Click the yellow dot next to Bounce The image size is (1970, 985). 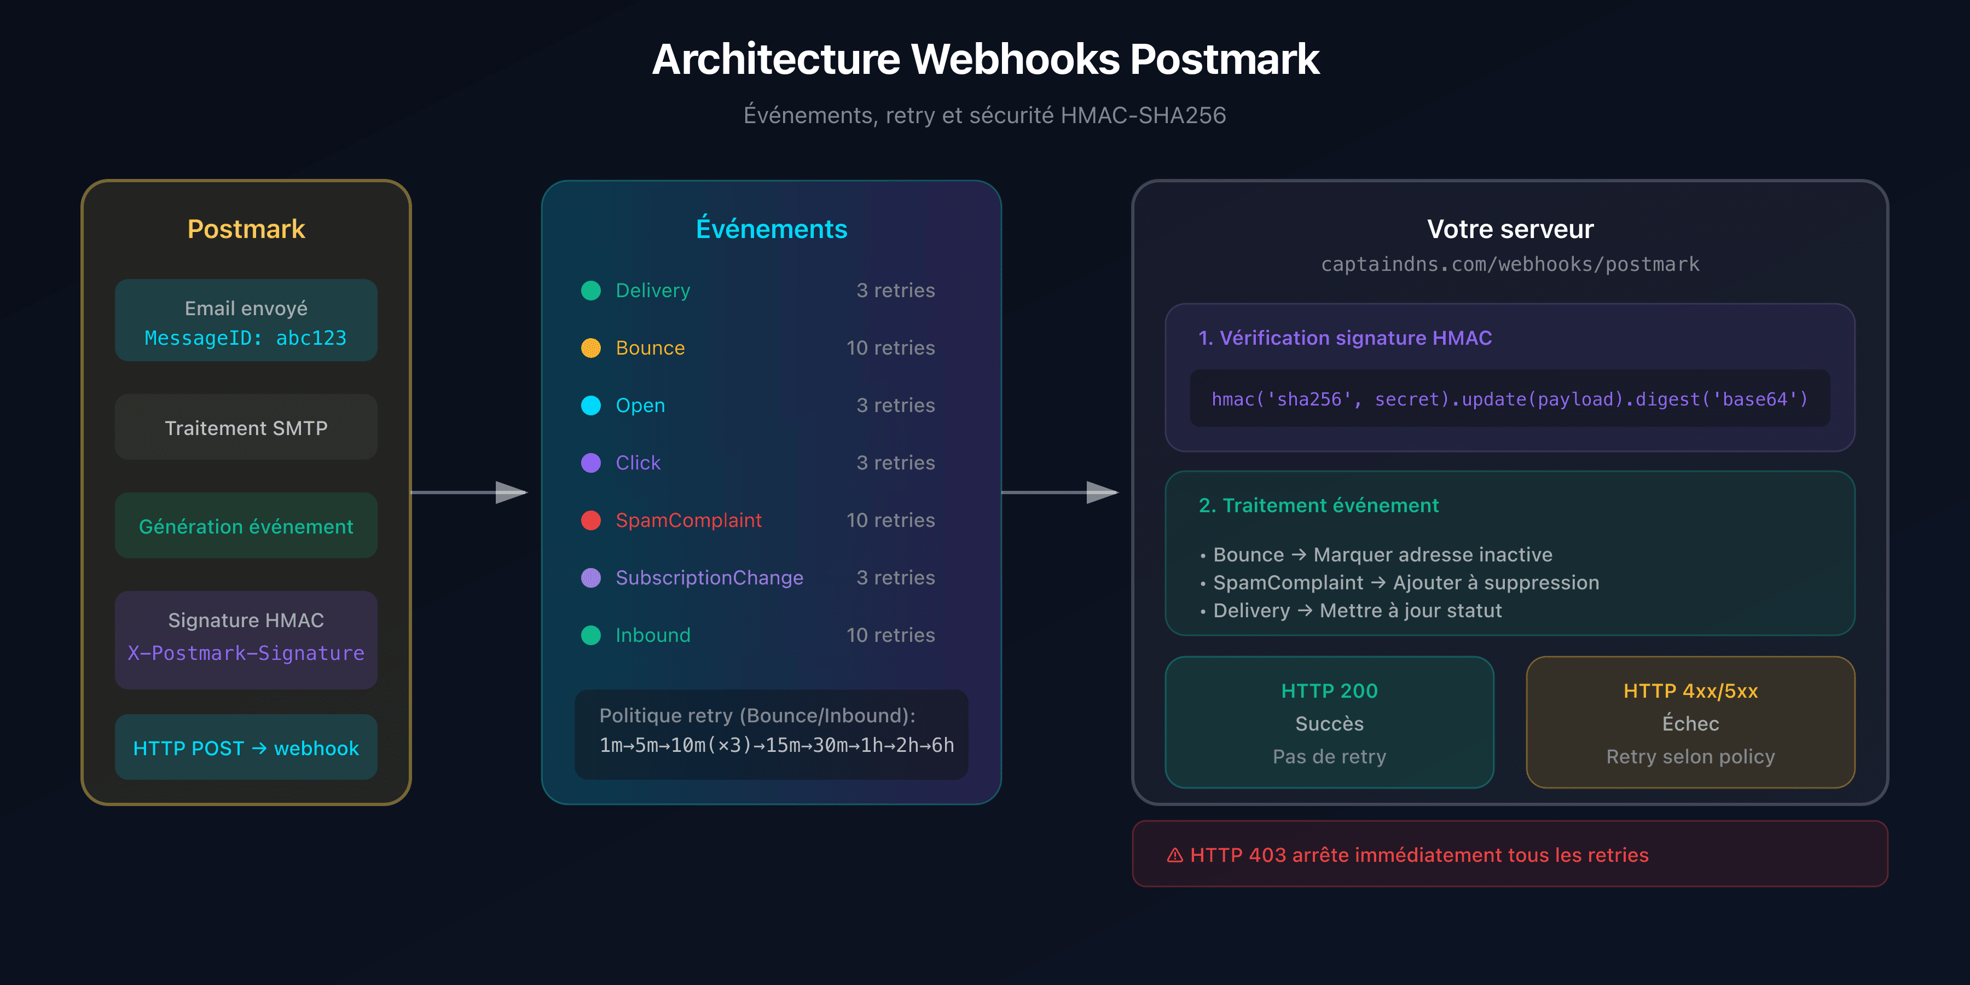coord(590,348)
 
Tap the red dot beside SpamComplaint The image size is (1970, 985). coord(590,520)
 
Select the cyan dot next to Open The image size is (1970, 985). coord(590,405)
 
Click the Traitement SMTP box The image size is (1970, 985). coord(246,427)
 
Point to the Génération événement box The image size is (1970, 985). coord(246,526)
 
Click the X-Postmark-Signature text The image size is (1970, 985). coord(246,653)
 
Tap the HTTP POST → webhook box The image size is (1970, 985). coord(246,748)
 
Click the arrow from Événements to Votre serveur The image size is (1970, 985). coord(1060,493)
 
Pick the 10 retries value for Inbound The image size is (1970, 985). coord(890,635)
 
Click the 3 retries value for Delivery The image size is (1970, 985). coord(895,291)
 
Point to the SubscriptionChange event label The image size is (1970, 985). coord(709,577)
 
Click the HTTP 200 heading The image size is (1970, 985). coord(1329,691)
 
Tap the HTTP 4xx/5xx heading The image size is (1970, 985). coord(1690,691)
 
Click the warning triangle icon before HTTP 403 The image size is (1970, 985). coord(1175,855)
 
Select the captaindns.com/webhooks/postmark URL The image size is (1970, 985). coord(1510,264)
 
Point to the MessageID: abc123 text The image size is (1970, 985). coord(246,338)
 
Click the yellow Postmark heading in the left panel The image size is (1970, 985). coord(246,229)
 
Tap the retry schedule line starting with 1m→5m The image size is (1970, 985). coord(776,745)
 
